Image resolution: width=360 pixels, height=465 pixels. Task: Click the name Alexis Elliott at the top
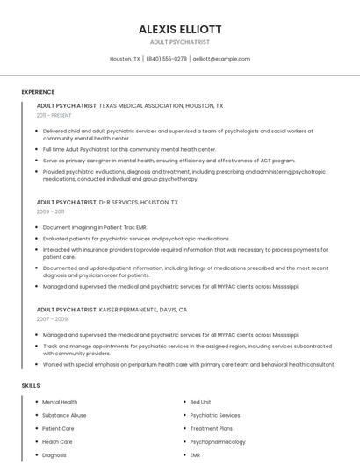coord(180,29)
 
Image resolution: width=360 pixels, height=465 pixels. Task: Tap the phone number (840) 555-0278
coord(166,59)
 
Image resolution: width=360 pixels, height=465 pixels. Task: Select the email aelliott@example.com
coord(221,59)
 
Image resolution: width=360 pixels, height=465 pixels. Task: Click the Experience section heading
coord(38,92)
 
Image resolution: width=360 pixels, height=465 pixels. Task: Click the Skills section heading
coord(31,385)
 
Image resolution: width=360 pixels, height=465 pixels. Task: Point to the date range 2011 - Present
coord(54,115)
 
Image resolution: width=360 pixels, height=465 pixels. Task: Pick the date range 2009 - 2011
coord(50,211)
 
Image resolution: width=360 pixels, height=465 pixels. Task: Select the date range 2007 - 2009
coord(51,319)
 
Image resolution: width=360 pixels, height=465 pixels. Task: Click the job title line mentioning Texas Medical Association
coord(130,105)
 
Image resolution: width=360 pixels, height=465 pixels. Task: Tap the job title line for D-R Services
coord(107,202)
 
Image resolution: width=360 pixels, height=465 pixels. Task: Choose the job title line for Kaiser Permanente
coord(112,310)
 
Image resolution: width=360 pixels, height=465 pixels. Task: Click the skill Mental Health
coord(60,402)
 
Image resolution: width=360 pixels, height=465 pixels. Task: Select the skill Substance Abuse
coord(64,415)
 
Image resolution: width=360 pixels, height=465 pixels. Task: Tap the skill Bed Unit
coord(200,402)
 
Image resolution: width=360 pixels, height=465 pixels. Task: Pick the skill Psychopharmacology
coord(218,442)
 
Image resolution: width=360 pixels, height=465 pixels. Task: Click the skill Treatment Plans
coord(211,428)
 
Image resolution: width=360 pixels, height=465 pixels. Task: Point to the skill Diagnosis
coord(54,455)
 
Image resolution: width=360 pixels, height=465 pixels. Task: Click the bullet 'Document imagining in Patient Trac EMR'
coord(95,227)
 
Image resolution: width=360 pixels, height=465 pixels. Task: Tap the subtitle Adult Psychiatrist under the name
coord(180,41)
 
